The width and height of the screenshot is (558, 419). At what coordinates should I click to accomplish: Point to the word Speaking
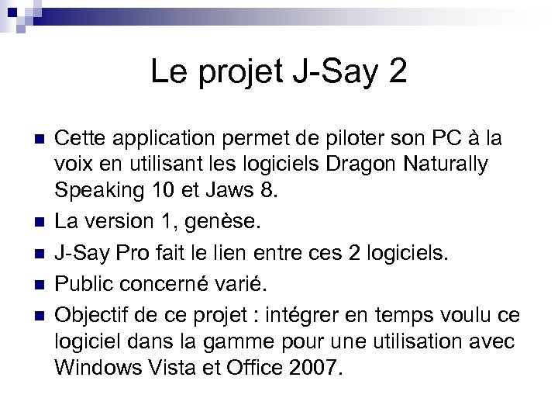coord(90,191)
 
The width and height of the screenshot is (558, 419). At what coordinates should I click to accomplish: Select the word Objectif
coord(92,315)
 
